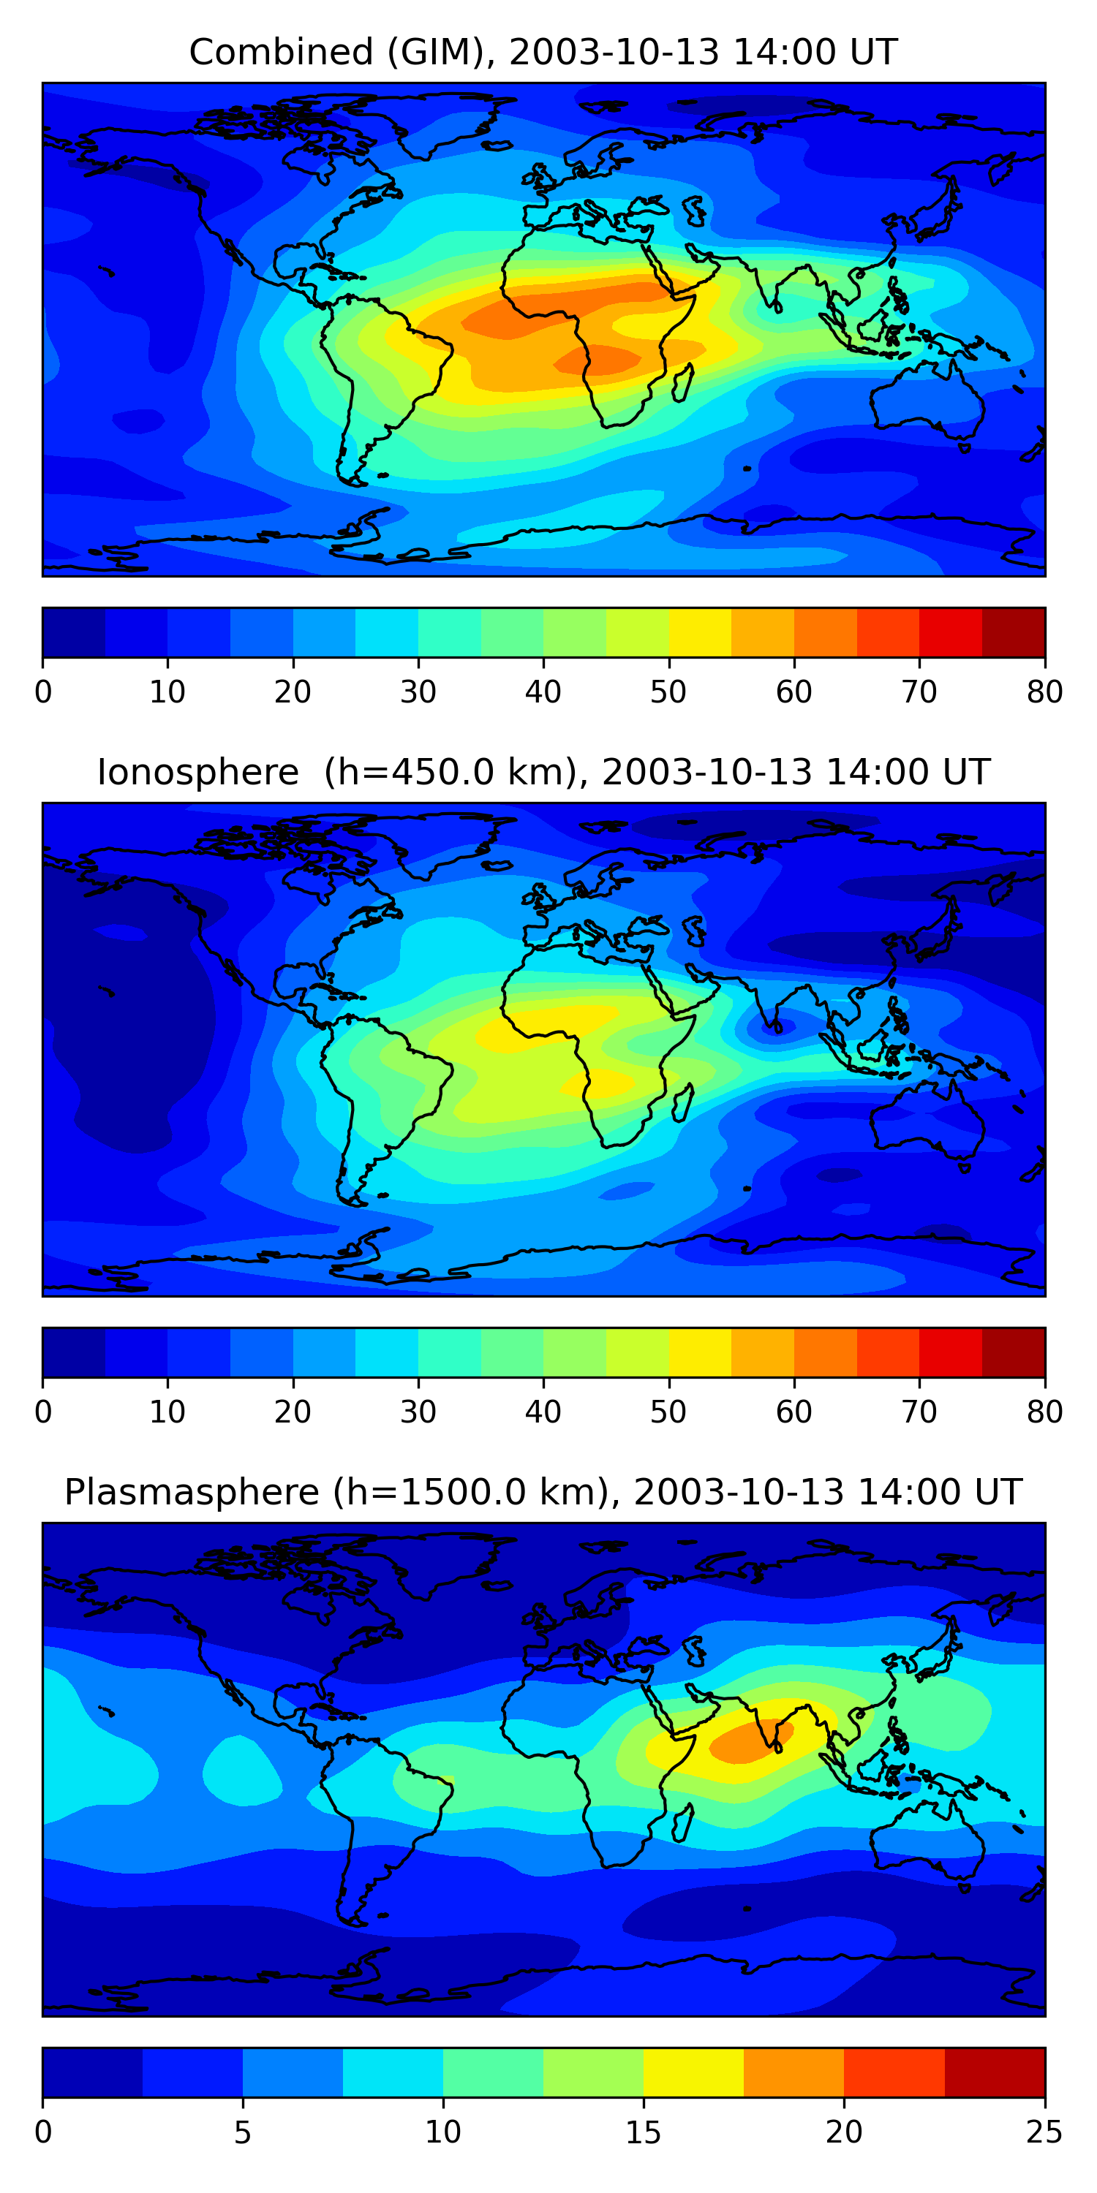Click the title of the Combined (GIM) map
click(543, 52)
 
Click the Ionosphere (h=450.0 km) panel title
click(543, 772)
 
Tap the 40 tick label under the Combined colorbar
click(543, 692)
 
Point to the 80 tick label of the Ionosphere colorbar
click(1044, 1412)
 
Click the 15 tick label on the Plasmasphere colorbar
click(643, 2132)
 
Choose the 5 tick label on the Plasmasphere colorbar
click(243, 2132)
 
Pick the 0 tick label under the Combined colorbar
click(43, 692)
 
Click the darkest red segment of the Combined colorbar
click(1014, 632)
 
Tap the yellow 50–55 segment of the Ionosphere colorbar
click(700, 1353)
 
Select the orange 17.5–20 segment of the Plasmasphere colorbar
click(793, 2072)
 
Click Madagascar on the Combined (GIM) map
click(682, 383)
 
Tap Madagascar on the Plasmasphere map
click(682, 1822)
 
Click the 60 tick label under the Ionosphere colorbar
click(793, 1412)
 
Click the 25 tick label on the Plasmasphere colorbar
click(1044, 2132)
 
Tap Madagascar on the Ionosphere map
click(682, 1103)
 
